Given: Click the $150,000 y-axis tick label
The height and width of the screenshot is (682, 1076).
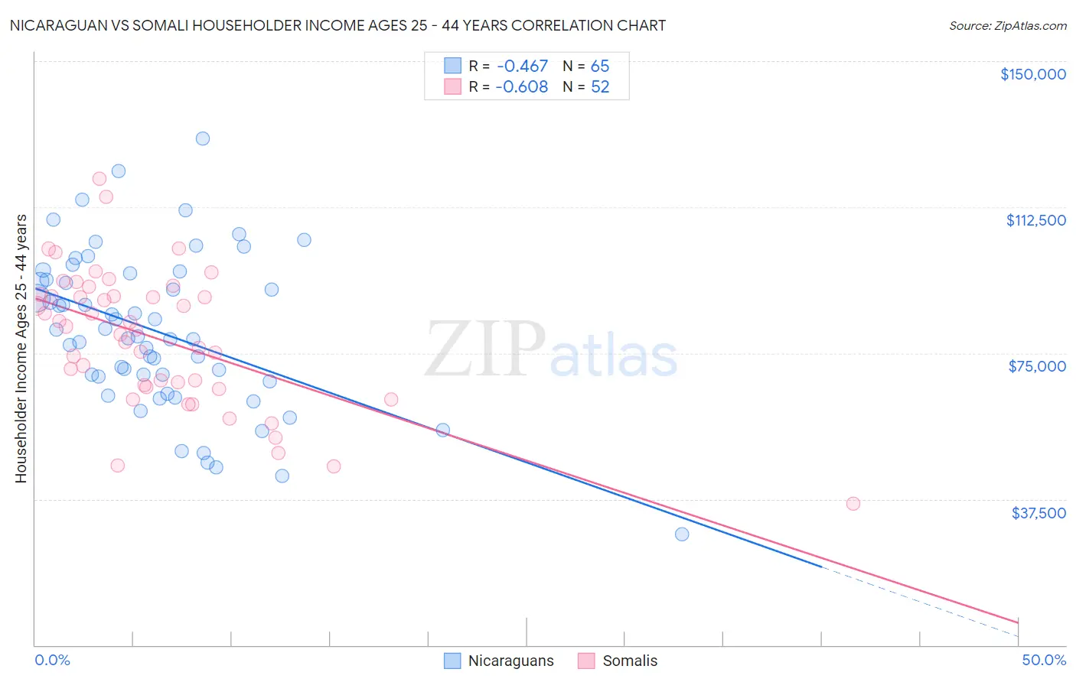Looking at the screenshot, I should click(1033, 74).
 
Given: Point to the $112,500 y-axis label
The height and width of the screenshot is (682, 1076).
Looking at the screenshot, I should click(1035, 220).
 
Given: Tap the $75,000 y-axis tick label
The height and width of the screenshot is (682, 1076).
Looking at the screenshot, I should click(1037, 366).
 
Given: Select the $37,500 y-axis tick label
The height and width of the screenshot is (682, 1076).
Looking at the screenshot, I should click(1039, 513).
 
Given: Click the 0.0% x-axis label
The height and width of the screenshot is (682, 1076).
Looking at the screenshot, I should click(52, 660).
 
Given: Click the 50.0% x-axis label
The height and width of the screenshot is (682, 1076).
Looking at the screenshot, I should click(1044, 660).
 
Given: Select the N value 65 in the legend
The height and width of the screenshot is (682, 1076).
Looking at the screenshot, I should click(600, 66).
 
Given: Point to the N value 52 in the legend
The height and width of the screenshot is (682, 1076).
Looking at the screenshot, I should click(600, 87).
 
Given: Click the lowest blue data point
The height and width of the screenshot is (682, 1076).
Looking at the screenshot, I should click(682, 534).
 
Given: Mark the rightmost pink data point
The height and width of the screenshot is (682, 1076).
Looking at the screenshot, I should click(853, 503).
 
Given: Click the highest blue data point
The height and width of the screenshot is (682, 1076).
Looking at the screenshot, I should click(203, 138).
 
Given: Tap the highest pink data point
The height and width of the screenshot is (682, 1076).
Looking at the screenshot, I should click(99, 179).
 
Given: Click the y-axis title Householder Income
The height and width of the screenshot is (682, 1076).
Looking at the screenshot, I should click(21, 349).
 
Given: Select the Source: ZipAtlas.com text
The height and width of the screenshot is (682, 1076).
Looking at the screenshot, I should click(1007, 26).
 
